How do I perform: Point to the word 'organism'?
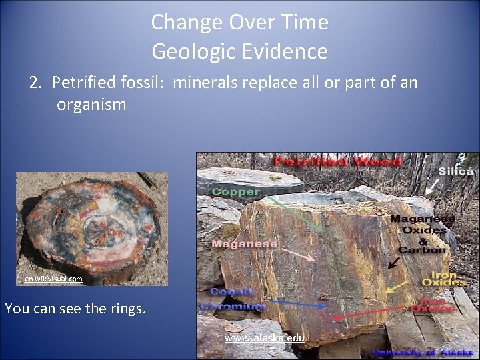click(x=91, y=105)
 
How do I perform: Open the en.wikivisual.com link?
click(x=53, y=279)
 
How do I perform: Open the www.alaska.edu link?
click(x=265, y=338)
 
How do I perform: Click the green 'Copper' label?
click(x=235, y=191)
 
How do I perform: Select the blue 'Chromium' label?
click(x=237, y=306)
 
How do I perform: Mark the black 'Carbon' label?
click(x=422, y=250)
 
